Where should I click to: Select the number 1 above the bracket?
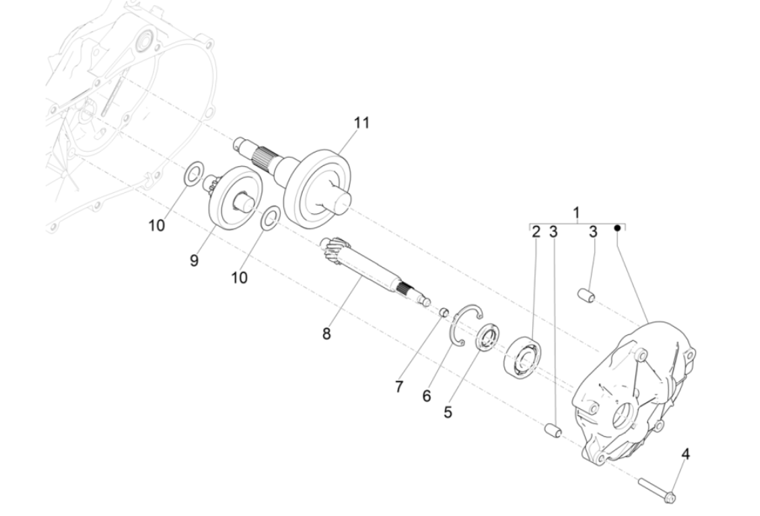pyautogui.click(x=575, y=213)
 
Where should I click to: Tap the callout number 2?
pyautogui.click(x=536, y=232)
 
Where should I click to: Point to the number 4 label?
pyautogui.click(x=685, y=454)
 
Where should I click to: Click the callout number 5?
pyautogui.click(x=448, y=411)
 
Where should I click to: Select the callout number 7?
pyautogui.click(x=399, y=387)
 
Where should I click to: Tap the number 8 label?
pyautogui.click(x=326, y=334)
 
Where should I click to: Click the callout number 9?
pyautogui.click(x=194, y=260)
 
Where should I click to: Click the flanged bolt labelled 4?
pyautogui.click(x=658, y=488)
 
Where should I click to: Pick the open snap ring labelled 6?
pyautogui.click(x=468, y=326)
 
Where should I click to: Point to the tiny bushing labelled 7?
pyautogui.click(x=442, y=312)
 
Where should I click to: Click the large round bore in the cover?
pyautogui.click(x=622, y=417)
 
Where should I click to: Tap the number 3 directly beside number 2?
pyautogui.click(x=553, y=232)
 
